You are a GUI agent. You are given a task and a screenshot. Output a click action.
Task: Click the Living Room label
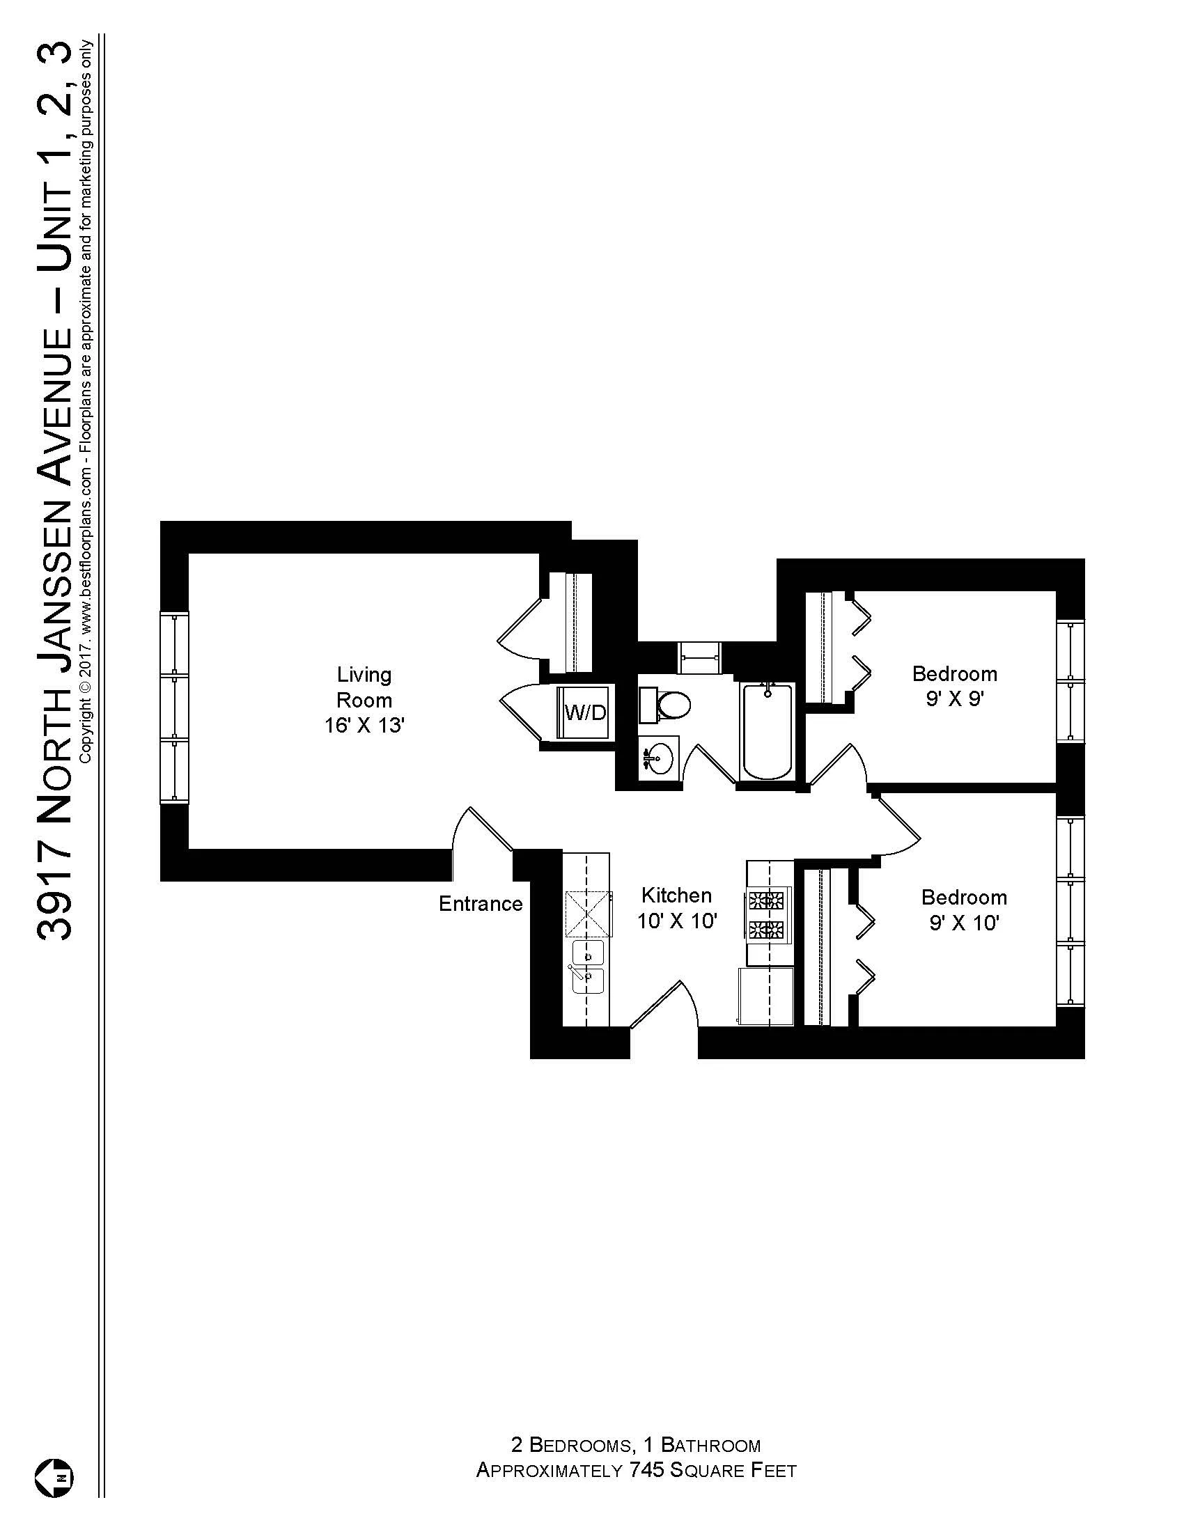pos(364,699)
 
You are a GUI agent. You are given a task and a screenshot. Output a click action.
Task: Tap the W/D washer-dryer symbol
pos(585,712)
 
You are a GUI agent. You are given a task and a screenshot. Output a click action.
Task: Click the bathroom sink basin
pos(658,758)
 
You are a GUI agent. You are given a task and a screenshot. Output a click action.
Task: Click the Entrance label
pos(481,903)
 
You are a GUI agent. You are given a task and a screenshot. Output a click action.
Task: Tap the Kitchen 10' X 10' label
pos(676,907)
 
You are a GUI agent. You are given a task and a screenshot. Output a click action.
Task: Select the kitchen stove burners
pos(767,915)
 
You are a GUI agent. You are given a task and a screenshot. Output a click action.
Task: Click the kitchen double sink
pos(588,967)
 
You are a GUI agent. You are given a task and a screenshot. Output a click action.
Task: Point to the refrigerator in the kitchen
pos(765,996)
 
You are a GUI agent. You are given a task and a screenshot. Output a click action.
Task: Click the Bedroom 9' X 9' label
pos(954,686)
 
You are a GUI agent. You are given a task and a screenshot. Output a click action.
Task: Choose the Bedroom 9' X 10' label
pos(964,910)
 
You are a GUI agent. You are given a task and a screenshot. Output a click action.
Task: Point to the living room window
pos(175,707)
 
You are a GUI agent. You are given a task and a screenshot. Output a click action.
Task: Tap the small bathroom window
pos(699,657)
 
